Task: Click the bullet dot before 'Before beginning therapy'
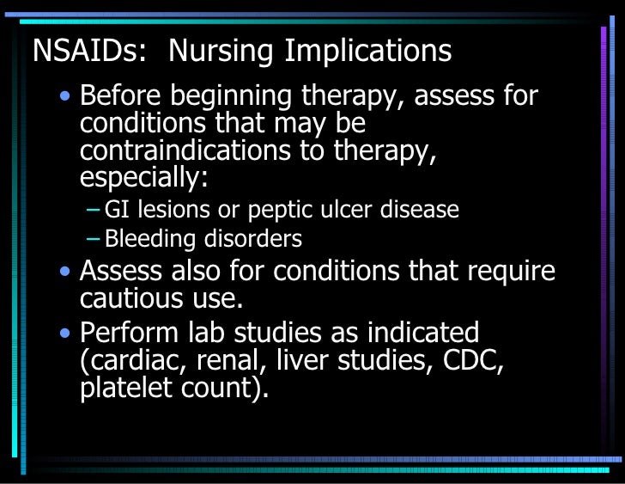tap(66, 97)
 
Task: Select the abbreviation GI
tap(114, 209)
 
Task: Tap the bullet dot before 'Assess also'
tap(66, 273)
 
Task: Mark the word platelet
tap(120, 388)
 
